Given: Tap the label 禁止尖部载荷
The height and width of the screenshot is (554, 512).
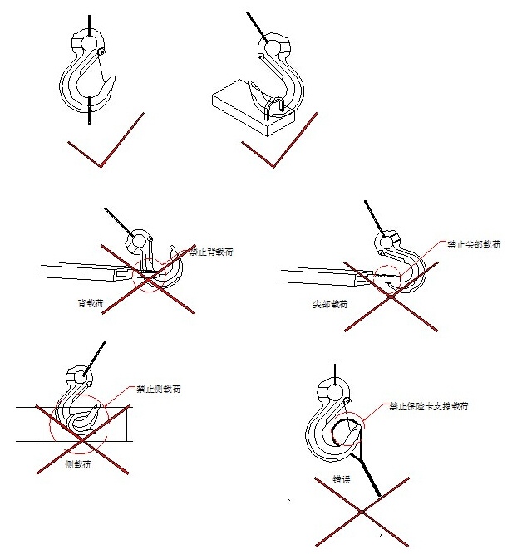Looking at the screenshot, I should pos(474,246).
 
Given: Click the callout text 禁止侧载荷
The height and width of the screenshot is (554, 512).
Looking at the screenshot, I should pos(159,389).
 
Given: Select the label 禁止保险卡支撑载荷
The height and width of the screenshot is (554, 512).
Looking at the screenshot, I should pos(429,408).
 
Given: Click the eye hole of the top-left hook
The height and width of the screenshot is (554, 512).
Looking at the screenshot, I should pos(89,42).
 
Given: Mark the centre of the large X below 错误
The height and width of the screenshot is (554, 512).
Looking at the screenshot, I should pos(362,515).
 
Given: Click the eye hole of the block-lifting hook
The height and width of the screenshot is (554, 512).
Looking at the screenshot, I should pos(271,47).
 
